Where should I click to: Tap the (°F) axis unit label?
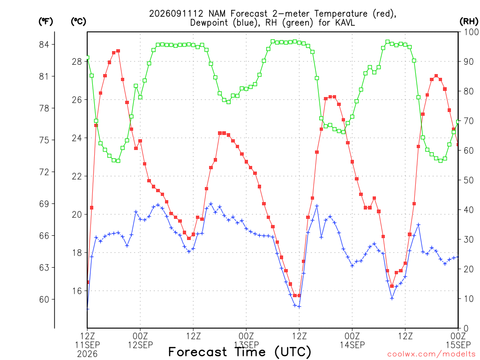45,22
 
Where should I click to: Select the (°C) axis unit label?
78,22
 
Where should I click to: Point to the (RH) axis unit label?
469,22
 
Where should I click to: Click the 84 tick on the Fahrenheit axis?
44,45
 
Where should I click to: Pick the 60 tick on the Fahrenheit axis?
44,300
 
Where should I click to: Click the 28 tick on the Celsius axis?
77,62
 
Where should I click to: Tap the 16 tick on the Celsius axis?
77,291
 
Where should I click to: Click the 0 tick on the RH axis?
466,329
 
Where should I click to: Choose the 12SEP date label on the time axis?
140,345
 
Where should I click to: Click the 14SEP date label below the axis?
352,345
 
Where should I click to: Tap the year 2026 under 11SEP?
87,354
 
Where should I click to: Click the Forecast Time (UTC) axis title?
240,352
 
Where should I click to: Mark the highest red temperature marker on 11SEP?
118,51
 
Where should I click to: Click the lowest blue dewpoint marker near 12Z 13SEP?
299,307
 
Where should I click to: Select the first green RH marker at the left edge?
88,58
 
